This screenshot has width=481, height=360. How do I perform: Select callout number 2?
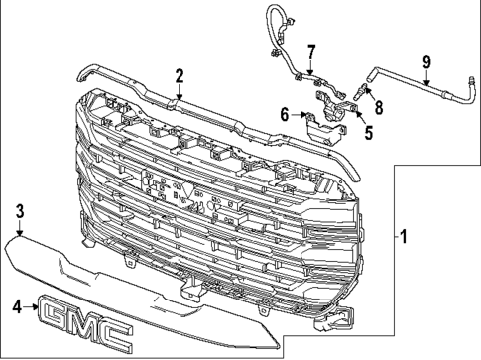pyautogui.click(x=179, y=75)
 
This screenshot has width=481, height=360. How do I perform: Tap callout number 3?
pyautogui.click(x=19, y=211)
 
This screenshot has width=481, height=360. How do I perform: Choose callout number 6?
pyautogui.click(x=285, y=115)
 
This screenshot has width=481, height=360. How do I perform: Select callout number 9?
pyautogui.click(x=425, y=62)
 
